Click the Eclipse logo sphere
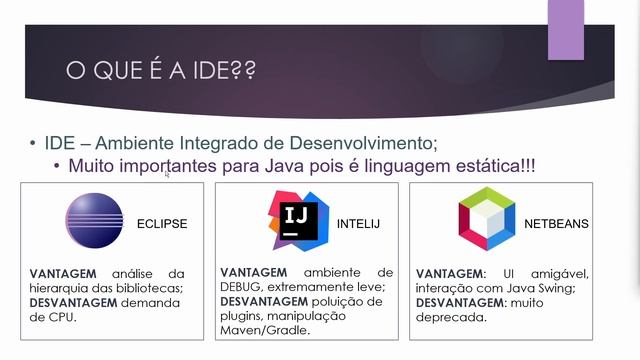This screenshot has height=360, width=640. (x=94, y=221)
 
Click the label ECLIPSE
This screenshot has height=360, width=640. (x=162, y=223)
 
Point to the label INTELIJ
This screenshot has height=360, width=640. (x=359, y=222)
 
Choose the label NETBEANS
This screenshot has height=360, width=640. (x=556, y=223)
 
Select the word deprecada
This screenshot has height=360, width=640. (x=452, y=318)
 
